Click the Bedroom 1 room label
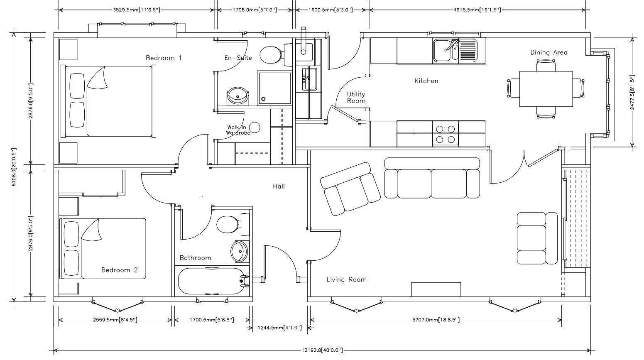(164, 58)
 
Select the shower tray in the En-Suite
(274, 88)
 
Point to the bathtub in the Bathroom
(213, 281)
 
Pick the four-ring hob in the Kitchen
(446, 134)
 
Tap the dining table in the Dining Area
(546, 89)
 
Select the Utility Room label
(356, 98)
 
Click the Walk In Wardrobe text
(238, 130)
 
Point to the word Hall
(279, 186)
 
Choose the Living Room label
(346, 279)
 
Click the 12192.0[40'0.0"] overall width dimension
(322, 350)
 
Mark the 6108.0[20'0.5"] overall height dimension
(14, 167)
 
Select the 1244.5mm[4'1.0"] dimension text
(279, 328)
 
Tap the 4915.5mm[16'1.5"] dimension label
(477, 10)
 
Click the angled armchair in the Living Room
(350, 189)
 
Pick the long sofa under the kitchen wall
(432, 178)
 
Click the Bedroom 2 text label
(119, 270)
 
